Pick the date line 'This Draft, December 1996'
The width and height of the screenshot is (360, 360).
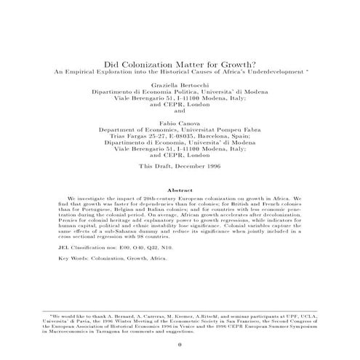[x=179, y=166]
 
